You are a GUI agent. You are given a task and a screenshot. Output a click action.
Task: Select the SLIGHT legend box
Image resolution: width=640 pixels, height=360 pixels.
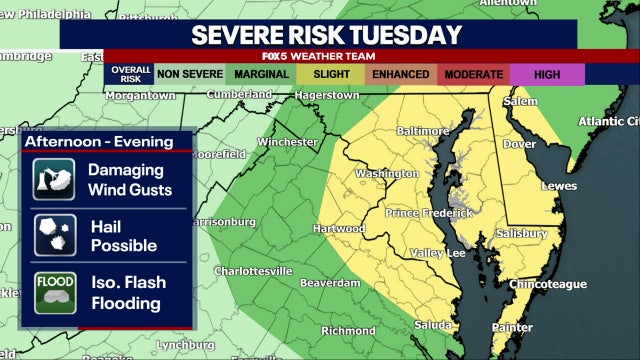330,74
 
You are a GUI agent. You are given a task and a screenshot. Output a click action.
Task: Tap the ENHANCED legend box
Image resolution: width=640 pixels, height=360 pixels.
401,74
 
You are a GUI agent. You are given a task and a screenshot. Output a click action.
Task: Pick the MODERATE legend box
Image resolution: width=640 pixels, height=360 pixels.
474,74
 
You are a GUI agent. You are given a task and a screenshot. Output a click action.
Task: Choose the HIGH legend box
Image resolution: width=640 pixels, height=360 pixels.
546,74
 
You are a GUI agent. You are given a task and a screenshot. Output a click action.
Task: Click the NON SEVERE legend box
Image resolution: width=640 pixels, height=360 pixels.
190,74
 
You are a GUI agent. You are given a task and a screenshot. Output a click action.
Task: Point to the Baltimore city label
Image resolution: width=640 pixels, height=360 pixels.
423,131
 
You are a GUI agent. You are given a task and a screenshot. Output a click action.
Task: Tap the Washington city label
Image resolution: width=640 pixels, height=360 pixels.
386,173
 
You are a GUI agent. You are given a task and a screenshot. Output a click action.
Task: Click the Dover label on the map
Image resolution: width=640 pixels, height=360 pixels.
519,144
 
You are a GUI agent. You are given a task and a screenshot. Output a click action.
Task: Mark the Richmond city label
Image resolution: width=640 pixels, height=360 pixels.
348,330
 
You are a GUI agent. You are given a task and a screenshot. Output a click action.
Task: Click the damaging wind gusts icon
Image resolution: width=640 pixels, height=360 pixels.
49,180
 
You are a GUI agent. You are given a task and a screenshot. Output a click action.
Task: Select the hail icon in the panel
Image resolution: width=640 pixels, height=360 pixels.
49,236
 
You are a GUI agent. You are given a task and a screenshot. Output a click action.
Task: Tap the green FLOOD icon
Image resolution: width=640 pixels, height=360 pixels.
49,291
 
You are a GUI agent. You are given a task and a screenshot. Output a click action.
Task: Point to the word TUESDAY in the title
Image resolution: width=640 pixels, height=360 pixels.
398,34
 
